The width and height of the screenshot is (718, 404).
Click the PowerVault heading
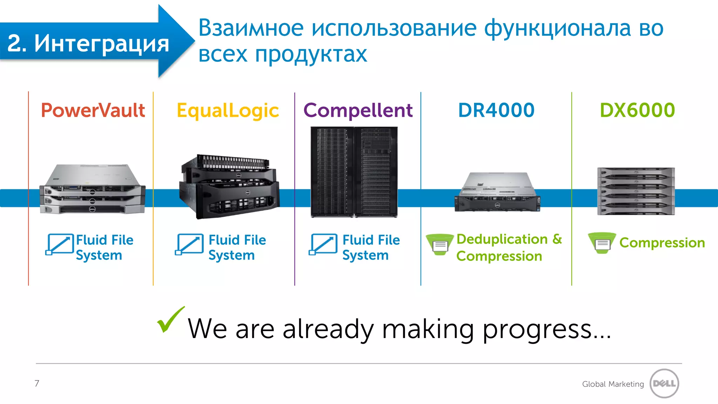coord(93,110)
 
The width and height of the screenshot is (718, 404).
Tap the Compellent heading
coord(358,110)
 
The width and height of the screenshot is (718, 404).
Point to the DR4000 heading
coord(496,110)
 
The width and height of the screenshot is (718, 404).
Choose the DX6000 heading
coord(637,110)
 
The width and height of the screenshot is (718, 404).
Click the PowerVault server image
coord(93,189)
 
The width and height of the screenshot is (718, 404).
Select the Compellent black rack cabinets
coord(354,172)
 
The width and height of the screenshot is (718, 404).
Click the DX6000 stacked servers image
coord(636,191)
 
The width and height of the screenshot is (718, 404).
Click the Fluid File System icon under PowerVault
coord(60,244)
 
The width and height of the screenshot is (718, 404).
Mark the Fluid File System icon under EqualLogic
coord(189,244)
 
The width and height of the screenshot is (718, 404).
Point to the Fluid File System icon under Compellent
coord(323,244)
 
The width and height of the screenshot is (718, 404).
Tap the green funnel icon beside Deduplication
coord(440,244)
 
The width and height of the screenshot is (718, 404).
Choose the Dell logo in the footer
coord(664,384)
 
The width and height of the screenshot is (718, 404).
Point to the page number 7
coord(37,383)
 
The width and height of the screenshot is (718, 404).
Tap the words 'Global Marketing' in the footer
coord(613,384)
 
